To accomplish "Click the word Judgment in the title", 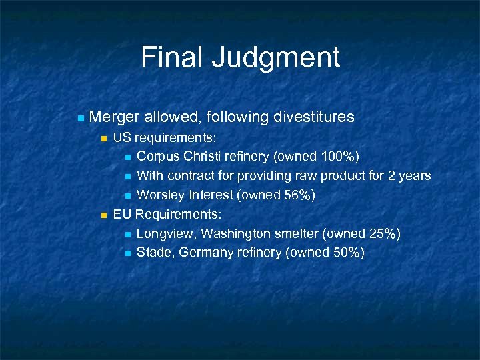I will coord(277,58).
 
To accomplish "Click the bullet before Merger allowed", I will coord(81,119).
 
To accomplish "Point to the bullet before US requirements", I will coord(103,139).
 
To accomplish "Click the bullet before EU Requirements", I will coord(103,215).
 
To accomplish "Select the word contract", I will coord(190,175).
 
